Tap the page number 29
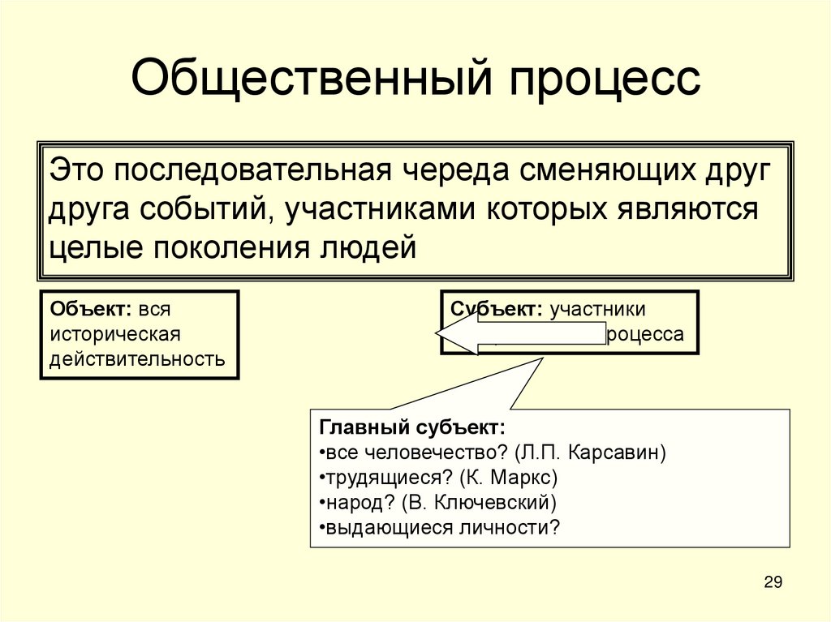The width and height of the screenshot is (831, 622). coord(773,582)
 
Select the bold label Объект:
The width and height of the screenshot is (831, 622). coord(91,309)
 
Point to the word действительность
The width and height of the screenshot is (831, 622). coord(137,358)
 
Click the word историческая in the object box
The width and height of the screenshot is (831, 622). coord(114,333)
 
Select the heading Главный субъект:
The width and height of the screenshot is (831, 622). coord(412,427)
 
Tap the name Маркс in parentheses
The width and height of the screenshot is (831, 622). coord(522,477)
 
